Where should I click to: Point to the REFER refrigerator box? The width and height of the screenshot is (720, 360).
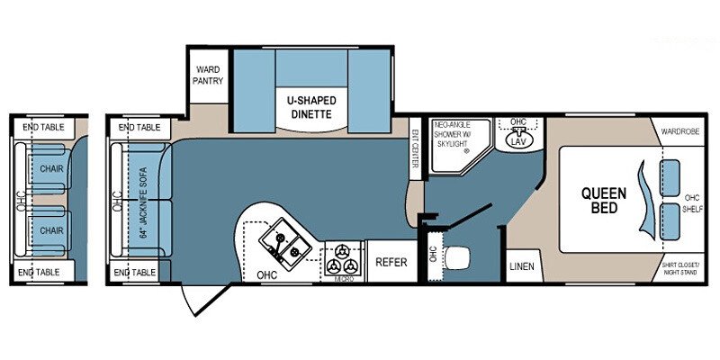point(391,263)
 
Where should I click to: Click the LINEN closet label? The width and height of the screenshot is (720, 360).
point(522,266)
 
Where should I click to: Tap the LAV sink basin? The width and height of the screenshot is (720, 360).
point(516,140)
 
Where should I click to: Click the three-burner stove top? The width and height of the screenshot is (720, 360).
point(343,261)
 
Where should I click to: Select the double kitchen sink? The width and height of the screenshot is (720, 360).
point(283,242)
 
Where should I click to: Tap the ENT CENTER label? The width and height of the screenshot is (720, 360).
point(416,148)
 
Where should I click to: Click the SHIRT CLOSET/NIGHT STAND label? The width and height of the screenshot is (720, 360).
point(681,267)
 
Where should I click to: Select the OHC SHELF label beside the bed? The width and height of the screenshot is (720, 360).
point(692,202)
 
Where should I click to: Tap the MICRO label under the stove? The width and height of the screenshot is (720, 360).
point(342,280)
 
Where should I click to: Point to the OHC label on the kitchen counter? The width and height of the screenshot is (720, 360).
point(266,274)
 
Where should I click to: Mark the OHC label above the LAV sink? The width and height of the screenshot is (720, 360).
point(517,121)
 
